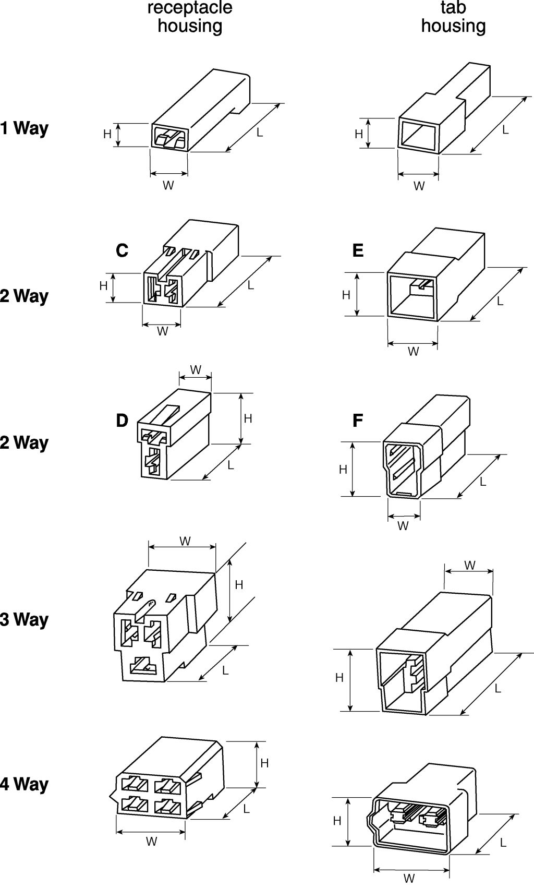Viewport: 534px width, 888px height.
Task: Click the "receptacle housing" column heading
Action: (x=190, y=17)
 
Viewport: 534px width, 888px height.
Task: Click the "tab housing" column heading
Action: (x=453, y=17)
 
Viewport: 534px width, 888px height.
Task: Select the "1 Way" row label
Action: (x=24, y=128)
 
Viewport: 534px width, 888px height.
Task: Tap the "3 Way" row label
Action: (x=24, y=619)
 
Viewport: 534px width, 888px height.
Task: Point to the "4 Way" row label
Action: (x=24, y=784)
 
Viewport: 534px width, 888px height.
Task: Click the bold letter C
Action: (x=122, y=251)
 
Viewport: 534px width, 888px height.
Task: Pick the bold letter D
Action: (x=122, y=420)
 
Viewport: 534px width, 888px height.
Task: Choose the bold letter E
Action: (x=358, y=251)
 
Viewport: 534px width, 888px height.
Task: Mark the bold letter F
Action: (x=358, y=420)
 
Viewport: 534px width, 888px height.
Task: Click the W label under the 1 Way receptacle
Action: (x=168, y=185)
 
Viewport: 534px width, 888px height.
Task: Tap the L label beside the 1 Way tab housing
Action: (x=505, y=130)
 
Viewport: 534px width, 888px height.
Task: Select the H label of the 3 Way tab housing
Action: (x=339, y=678)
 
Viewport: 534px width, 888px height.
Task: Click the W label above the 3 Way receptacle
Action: (x=185, y=542)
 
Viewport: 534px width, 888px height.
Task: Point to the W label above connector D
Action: (x=196, y=370)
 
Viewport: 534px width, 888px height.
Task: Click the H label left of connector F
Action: (x=343, y=470)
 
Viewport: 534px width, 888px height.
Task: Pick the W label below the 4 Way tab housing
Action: (x=409, y=879)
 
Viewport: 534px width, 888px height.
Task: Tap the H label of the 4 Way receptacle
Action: (x=264, y=763)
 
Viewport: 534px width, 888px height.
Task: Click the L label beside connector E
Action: (x=500, y=301)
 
